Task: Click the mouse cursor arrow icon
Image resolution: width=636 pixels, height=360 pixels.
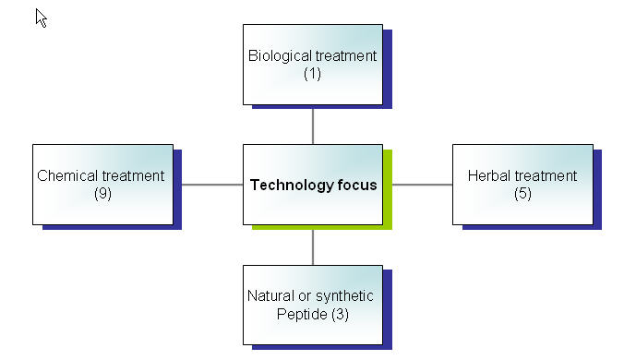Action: pyautogui.click(x=41, y=18)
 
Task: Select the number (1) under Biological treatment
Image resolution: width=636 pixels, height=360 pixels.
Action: pyautogui.click(x=312, y=74)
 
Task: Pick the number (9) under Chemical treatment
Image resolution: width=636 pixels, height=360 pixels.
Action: pyautogui.click(x=102, y=194)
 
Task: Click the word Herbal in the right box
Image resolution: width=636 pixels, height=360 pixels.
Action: pyautogui.click(x=487, y=176)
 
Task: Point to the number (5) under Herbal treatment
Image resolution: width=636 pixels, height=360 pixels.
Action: pyautogui.click(x=522, y=194)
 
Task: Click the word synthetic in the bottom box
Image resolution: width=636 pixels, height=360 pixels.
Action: pyautogui.click(x=345, y=296)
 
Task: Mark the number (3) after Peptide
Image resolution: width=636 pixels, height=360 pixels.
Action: pyautogui.click(x=339, y=315)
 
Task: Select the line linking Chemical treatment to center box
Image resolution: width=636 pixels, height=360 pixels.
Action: pyautogui.click(x=212, y=185)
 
